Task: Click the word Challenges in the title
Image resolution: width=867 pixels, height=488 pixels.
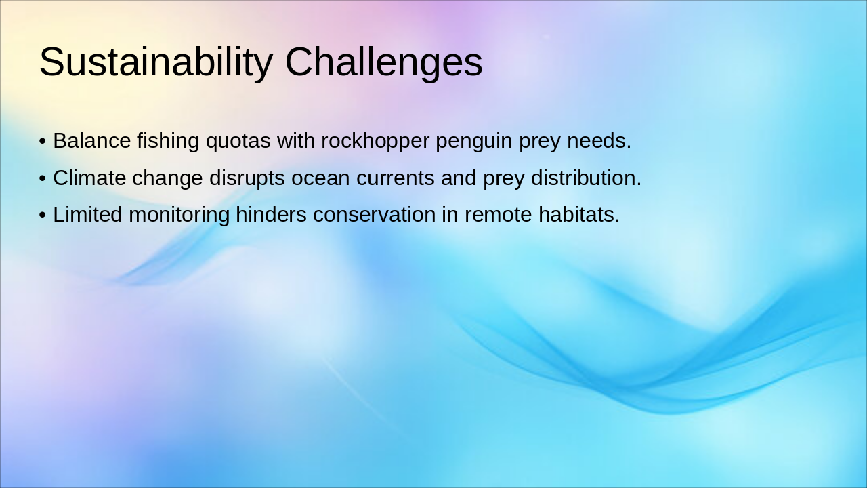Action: [383, 62]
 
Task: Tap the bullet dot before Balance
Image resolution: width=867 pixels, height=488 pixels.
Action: [43, 142]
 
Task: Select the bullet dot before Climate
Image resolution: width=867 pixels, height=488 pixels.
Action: [43, 178]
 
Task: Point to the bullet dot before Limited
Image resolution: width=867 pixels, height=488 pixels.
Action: [43, 216]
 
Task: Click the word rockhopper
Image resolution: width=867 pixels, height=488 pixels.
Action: [375, 142]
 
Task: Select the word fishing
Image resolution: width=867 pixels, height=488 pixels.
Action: [168, 142]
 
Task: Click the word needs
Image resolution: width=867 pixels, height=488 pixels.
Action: [599, 140]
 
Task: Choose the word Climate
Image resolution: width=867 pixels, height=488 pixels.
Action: [89, 178]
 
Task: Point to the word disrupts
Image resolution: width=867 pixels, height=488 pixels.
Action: [247, 179]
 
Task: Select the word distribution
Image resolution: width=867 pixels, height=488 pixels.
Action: [586, 178]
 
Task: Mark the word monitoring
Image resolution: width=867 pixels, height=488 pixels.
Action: [179, 216]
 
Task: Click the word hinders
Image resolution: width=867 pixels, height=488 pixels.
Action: [271, 215]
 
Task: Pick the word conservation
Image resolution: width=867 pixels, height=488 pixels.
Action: [375, 215]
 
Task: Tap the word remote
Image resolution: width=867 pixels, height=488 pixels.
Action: [498, 216]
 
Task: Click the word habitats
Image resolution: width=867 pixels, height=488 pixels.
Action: [579, 215]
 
